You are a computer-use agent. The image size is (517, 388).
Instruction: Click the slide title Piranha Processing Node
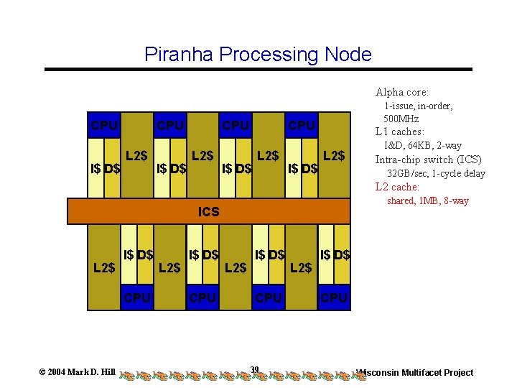click(258, 55)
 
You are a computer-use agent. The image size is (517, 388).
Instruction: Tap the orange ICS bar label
click(208, 212)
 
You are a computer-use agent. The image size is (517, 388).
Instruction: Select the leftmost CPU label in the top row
click(104, 126)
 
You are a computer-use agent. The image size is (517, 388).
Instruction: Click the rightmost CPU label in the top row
click(302, 126)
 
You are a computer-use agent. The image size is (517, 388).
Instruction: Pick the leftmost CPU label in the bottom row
click(137, 297)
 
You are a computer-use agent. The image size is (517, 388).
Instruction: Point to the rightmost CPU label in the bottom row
click(334, 297)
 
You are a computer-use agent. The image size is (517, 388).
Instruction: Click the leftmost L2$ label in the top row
click(137, 155)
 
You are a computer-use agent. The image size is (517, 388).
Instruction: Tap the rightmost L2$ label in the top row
click(334, 155)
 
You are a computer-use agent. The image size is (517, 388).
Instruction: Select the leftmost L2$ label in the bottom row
click(104, 268)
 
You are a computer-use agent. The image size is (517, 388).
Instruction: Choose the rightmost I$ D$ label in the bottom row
click(335, 254)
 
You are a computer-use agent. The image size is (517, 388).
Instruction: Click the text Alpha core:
click(402, 92)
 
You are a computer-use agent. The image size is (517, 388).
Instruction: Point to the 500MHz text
click(401, 119)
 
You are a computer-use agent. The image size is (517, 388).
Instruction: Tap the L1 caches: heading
click(400, 132)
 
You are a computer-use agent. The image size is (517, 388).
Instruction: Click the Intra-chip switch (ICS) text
click(429, 160)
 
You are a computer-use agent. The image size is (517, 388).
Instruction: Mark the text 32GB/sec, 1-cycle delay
click(437, 173)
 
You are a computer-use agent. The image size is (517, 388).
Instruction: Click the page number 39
click(255, 369)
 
